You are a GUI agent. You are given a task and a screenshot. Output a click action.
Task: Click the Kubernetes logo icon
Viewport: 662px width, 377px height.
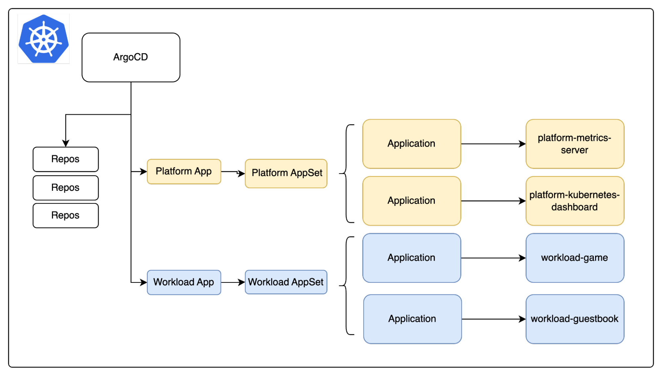[43, 39]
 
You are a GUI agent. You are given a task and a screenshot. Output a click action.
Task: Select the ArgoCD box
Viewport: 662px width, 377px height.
[131, 57]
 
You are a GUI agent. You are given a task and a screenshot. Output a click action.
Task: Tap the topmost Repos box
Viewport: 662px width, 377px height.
[66, 159]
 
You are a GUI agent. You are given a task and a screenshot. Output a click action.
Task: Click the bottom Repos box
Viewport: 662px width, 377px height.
[66, 215]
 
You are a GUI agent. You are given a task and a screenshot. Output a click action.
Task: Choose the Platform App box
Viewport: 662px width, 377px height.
[184, 171]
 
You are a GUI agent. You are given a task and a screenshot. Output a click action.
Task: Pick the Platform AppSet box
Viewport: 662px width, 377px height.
[286, 173]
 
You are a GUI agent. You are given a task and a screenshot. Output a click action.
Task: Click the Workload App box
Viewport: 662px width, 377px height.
[184, 282]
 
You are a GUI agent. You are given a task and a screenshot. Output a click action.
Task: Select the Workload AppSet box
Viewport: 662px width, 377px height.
[286, 282]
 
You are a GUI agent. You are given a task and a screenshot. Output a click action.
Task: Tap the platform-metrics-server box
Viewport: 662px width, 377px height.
[575, 144]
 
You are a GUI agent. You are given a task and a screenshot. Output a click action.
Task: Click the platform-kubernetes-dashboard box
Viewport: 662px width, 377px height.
[575, 201]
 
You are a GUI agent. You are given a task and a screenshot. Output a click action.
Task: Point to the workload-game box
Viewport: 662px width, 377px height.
[575, 258]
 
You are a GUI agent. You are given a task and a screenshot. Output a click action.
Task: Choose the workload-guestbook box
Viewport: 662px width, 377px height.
[575, 319]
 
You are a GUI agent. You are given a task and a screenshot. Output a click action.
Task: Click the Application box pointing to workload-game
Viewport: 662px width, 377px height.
[412, 258]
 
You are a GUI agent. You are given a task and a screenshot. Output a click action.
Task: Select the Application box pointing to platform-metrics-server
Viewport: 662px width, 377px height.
[412, 144]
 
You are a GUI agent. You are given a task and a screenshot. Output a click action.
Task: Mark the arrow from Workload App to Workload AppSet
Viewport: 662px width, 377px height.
[233, 282]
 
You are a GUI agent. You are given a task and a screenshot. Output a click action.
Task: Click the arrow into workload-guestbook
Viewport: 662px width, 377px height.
[494, 319]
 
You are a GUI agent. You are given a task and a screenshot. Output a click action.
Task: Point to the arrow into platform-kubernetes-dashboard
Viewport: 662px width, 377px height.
[493, 201]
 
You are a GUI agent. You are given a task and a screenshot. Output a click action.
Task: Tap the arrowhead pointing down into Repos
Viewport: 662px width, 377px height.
[66, 143]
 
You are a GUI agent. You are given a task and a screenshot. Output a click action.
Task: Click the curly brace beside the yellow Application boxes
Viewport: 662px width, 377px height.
[346, 174]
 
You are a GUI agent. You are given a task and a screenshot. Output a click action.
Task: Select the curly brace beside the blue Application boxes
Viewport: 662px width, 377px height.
[346, 286]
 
